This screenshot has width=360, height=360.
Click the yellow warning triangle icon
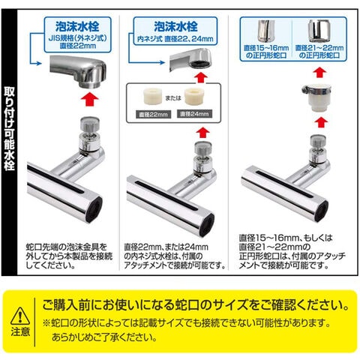pos(20,316)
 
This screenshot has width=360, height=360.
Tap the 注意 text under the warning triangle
pos(20,331)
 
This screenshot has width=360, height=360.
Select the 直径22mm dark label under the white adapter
pos(154,115)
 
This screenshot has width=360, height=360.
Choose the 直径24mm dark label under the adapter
pos(194,114)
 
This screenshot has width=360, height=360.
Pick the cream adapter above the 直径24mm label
pos(194,96)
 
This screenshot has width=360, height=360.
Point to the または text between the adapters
pos(173,97)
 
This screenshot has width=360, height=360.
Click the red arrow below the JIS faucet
pos(90,99)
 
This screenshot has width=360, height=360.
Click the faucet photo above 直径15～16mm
pos(266,31)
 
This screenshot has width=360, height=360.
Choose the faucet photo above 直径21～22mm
pos(319,31)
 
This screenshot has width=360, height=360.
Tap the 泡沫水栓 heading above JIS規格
pos(77,26)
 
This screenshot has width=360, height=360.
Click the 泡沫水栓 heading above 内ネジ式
pos(175,26)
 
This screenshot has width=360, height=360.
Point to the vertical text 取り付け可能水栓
pos(9,128)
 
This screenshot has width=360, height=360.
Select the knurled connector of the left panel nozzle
pos(90,126)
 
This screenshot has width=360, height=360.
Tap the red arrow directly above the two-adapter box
pos(201,77)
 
